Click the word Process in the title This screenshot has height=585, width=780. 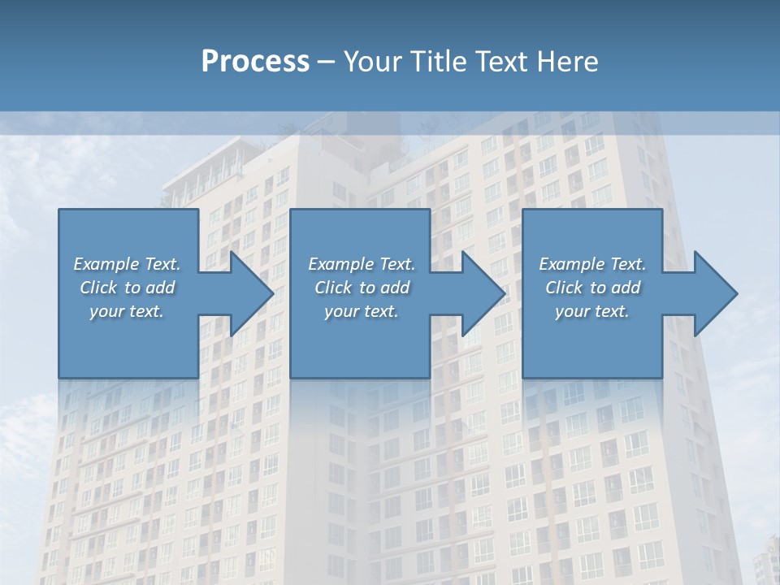pyautogui.click(x=255, y=62)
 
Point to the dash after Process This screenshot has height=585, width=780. pyautogui.click(x=327, y=63)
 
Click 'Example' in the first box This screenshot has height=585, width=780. pyautogui.click(x=106, y=264)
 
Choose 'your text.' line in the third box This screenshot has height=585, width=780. pyautogui.click(x=592, y=311)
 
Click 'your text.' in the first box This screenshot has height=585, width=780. pyautogui.click(x=127, y=311)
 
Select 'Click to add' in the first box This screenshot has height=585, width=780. pyautogui.click(x=128, y=288)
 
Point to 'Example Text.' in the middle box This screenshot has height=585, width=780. pyautogui.click(x=362, y=264)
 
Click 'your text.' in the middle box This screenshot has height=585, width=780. pyautogui.click(x=362, y=311)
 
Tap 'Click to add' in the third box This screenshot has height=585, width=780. pyautogui.click(x=593, y=288)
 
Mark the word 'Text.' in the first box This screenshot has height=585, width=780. pyautogui.click(x=162, y=264)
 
